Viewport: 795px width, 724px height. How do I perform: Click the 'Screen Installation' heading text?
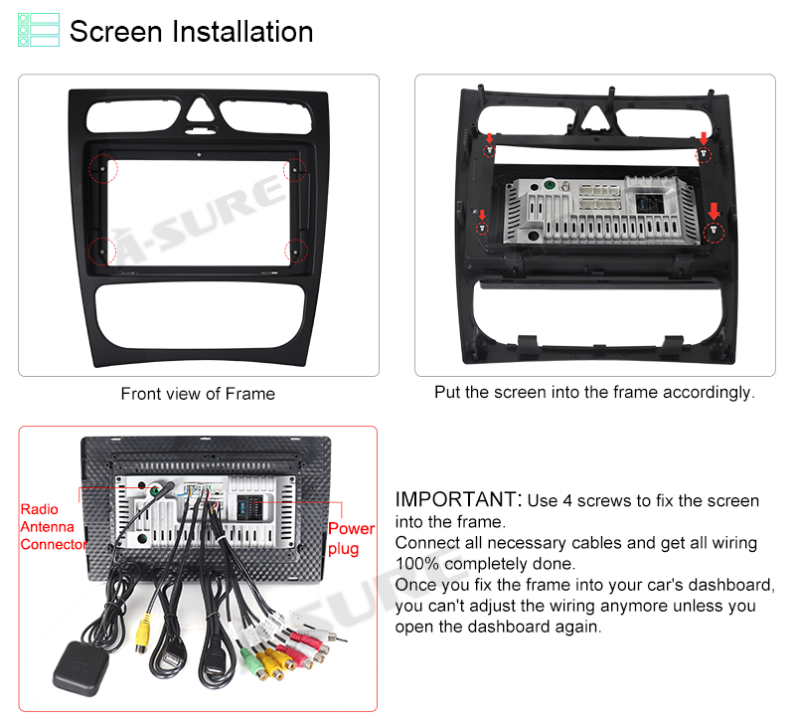[191, 32]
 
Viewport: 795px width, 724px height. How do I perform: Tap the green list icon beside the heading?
[39, 30]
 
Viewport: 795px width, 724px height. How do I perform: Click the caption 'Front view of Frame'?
[198, 394]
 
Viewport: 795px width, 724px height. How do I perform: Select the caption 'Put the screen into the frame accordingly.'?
[594, 392]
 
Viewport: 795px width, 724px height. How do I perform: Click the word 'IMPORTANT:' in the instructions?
[458, 499]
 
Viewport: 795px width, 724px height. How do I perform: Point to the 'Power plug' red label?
[351, 538]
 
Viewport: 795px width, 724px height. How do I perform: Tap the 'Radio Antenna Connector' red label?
[54, 527]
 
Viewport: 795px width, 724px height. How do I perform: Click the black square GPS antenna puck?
[80, 667]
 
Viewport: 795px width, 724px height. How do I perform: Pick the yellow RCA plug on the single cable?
[143, 633]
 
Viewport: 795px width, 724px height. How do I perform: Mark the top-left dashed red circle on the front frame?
[103, 168]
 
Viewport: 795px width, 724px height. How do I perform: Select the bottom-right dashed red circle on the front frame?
[295, 252]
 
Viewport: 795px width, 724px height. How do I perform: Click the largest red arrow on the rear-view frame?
[714, 211]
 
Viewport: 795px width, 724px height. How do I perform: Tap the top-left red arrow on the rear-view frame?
[489, 137]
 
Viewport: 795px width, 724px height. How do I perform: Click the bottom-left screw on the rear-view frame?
[482, 229]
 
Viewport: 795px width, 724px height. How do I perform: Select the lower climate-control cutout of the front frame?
[201, 315]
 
